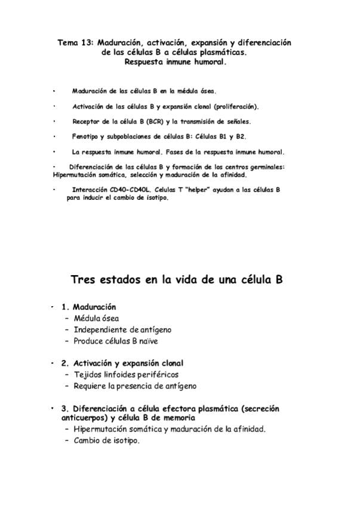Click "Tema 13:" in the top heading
[75, 43]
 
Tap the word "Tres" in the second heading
[84, 279]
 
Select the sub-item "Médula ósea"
[96, 319]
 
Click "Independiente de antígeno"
[122, 330]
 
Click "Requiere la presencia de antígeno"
[135, 386]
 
